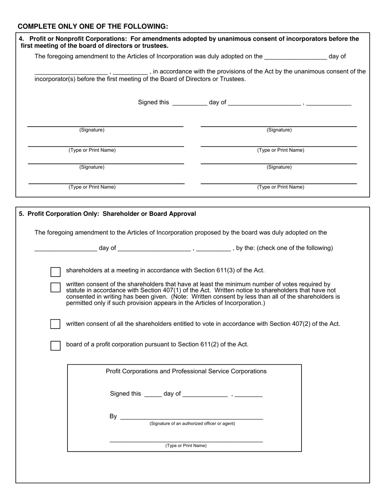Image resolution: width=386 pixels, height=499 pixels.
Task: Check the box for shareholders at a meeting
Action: (55, 272)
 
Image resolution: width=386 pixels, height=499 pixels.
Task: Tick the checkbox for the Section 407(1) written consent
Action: (55, 287)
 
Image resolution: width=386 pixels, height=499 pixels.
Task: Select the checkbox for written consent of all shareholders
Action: (55, 324)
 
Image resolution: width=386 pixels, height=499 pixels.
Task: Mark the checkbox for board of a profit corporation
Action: (55, 346)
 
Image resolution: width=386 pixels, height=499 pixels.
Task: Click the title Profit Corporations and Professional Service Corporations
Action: (186, 371)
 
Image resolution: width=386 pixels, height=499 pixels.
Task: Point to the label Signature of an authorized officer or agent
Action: (192, 424)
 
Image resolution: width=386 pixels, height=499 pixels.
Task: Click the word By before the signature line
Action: (113, 416)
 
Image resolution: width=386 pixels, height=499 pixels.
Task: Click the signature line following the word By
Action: (192, 418)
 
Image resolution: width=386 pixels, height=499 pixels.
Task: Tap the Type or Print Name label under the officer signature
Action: (186, 445)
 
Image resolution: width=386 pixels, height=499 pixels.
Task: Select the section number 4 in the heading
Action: (21, 39)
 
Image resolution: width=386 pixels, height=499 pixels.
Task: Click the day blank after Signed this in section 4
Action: (189, 103)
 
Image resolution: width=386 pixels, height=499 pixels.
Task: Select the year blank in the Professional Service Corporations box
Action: (249, 395)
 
